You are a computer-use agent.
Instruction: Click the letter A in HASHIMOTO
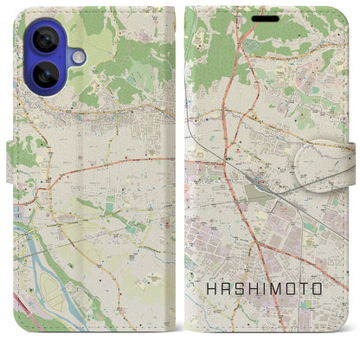click(225, 287)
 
